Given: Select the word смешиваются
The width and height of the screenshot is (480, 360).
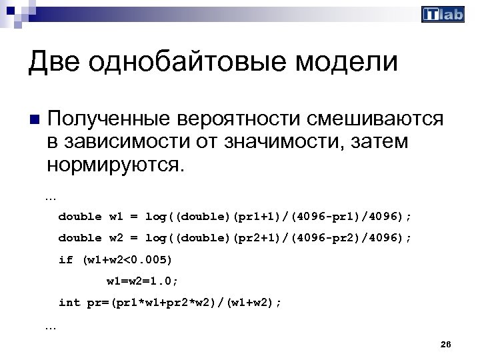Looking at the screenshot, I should pyautogui.click(x=375, y=119).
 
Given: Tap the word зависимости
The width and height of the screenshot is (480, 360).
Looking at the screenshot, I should pyautogui.click(x=123, y=141).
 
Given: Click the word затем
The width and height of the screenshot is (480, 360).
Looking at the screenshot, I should pyautogui.click(x=377, y=141).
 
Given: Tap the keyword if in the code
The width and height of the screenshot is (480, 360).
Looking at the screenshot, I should pyautogui.click(x=65, y=259).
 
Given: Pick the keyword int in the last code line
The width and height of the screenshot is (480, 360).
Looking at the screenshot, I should pyautogui.click(x=69, y=302).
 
